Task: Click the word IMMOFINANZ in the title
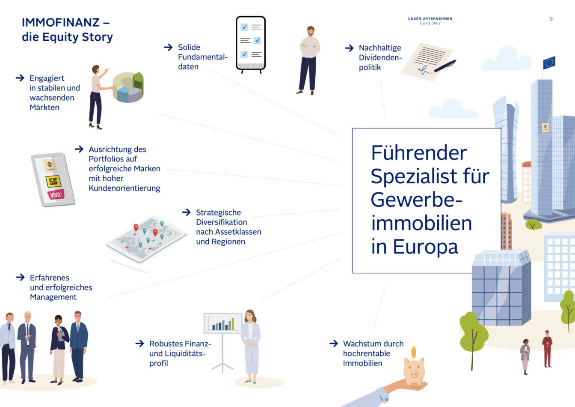point(60,22)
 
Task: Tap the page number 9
point(551,19)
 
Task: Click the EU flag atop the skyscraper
point(549,63)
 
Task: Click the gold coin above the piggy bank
point(414,352)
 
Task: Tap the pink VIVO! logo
point(56,195)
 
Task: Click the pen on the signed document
point(445,66)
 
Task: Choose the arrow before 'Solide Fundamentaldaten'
point(168,47)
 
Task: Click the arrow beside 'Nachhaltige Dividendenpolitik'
point(349,48)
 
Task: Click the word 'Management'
point(53,297)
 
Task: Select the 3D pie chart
point(128,87)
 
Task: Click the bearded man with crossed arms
point(309,60)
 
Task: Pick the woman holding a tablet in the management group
point(59,347)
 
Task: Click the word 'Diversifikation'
point(221,222)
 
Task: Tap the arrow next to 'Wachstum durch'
point(334,344)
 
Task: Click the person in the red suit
point(547,349)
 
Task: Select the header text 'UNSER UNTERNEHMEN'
point(430,19)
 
